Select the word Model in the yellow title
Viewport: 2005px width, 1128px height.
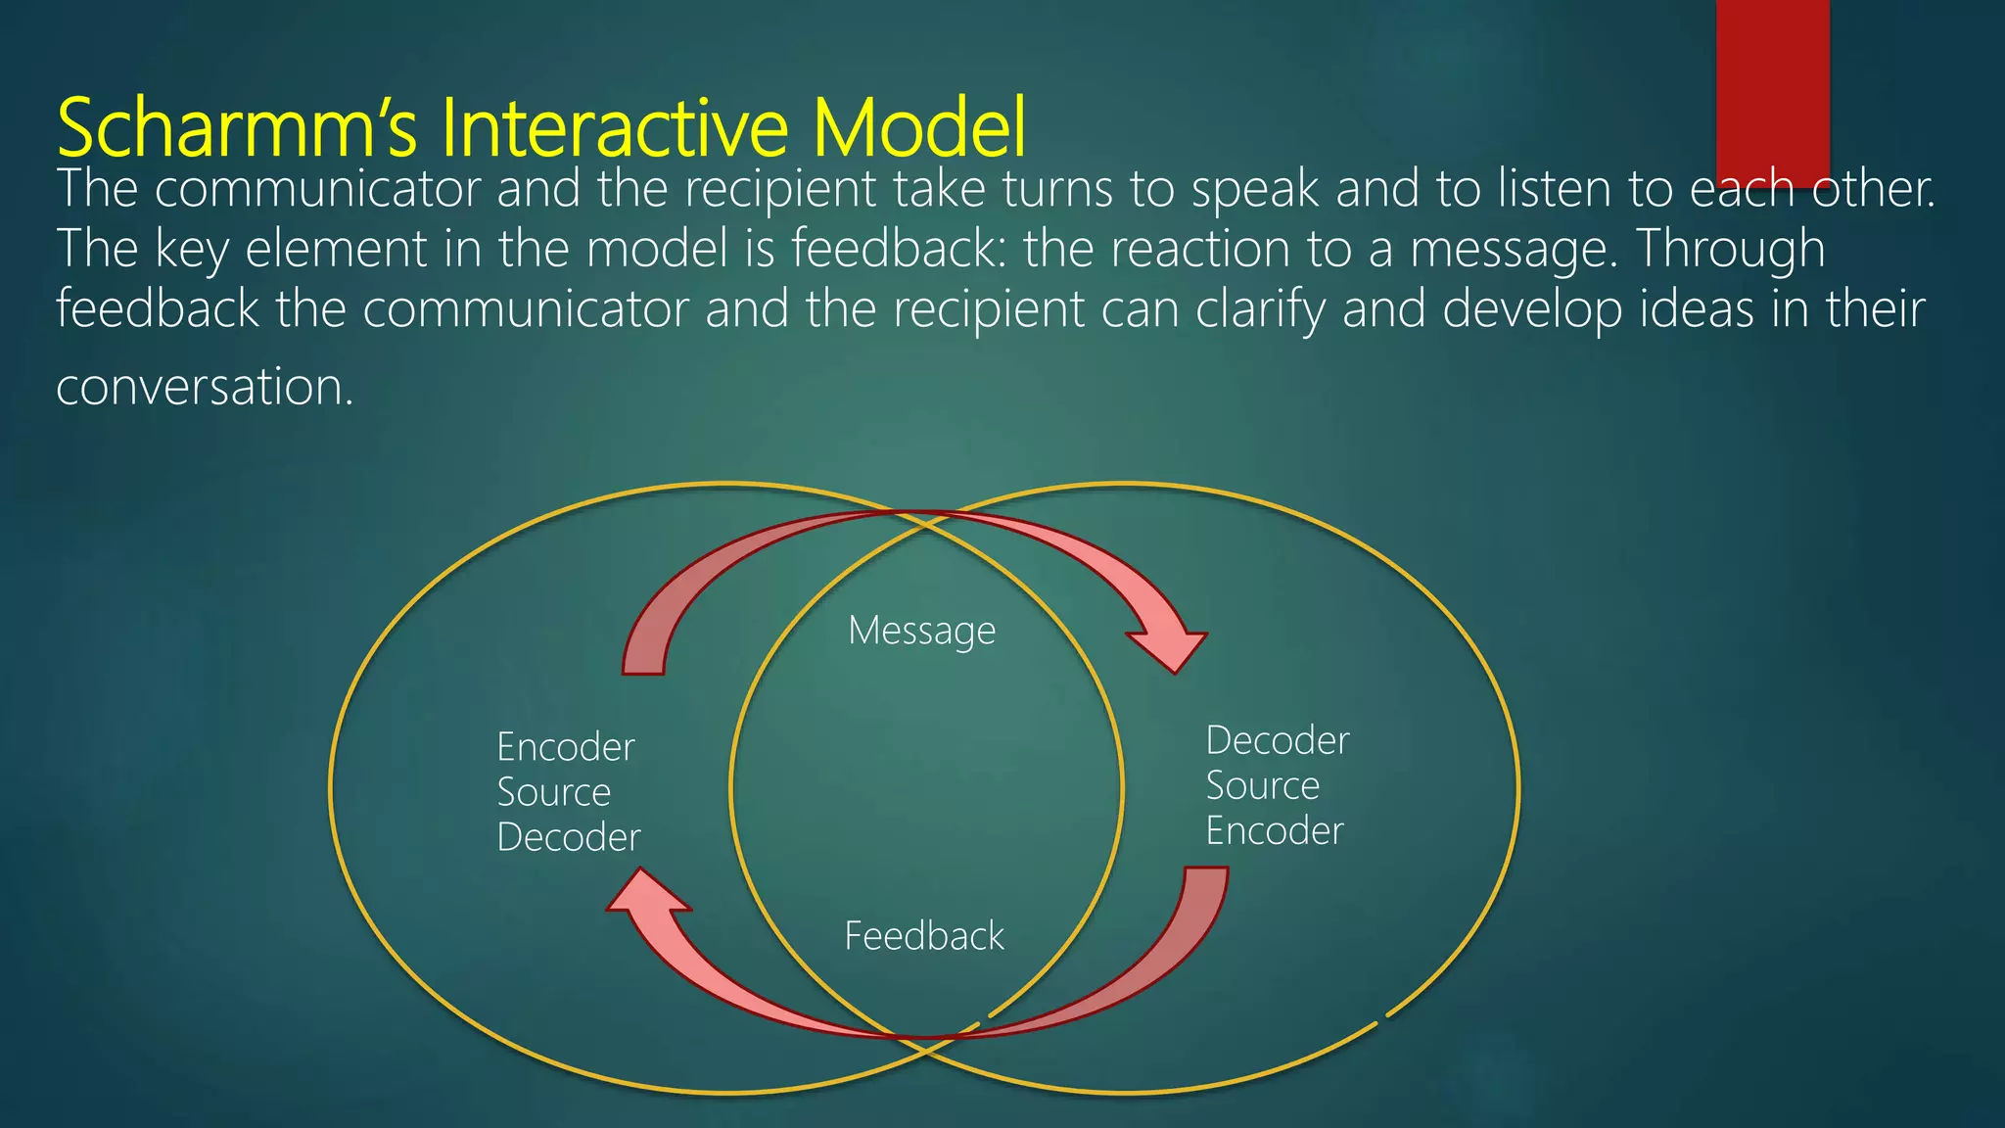click(x=919, y=127)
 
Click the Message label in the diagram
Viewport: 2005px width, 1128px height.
click(x=921, y=631)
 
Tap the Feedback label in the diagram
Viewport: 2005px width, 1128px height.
click(x=923, y=936)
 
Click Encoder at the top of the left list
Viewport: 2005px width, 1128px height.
click(x=565, y=747)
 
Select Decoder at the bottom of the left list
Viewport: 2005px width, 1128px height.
click(x=568, y=837)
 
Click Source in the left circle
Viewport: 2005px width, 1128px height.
click(x=553, y=792)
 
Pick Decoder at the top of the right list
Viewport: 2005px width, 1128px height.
click(x=1277, y=740)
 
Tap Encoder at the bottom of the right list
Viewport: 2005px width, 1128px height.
click(x=1274, y=831)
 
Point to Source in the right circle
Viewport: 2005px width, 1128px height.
click(x=1262, y=785)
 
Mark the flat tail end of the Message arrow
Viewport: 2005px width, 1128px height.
click(x=643, y=672)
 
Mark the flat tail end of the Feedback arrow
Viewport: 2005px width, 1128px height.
click(x=1206, y=870)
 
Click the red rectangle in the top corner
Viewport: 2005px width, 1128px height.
click(x=1772, y=88)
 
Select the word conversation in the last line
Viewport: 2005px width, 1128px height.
click(x=203, y=387)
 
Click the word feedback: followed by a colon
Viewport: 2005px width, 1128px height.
click(x=892, y=249)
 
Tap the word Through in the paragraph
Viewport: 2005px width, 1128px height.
click(x=1730, y=249)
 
